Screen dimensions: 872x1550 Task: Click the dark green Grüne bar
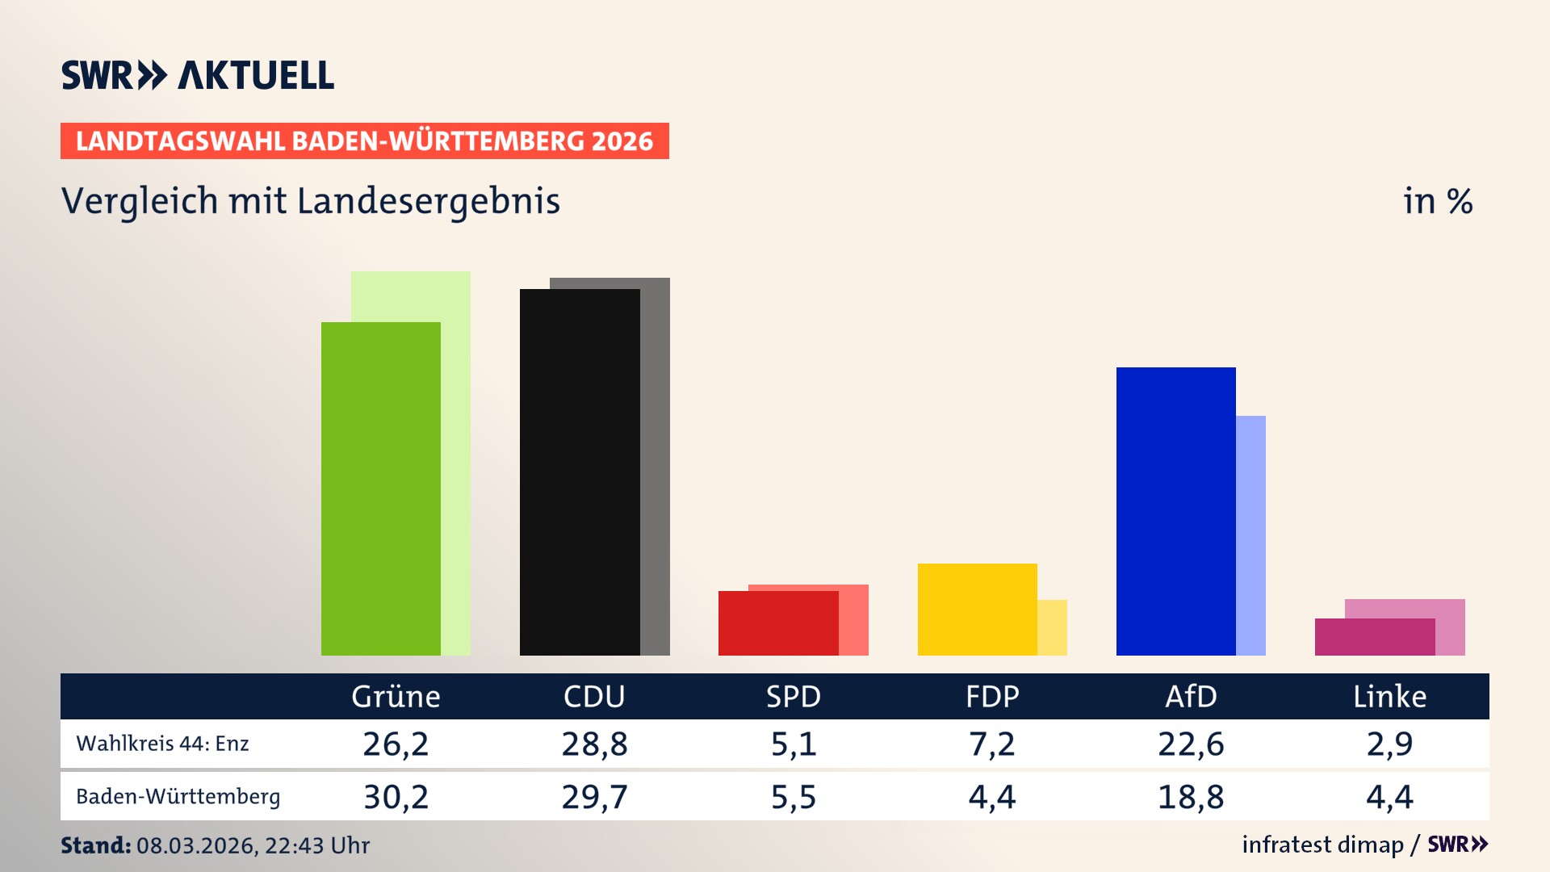[x=380, y=488]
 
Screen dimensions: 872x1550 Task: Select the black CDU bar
[x=579, y=472]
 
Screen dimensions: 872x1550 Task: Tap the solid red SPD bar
[x=777, y=623]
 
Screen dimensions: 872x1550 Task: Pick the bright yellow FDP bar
[x=977, y=609]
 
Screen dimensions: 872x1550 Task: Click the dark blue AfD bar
[x=1175, y=510]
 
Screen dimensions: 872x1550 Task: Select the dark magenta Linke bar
[x=1374, y=636]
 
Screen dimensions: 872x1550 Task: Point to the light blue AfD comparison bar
[x=1250, y=535]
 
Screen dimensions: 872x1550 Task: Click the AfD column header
[x=1191, y=696]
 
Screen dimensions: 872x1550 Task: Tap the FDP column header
[x=992, y=696]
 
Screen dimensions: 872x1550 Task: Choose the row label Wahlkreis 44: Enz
[x=162, y=744]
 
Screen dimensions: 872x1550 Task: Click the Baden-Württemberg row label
[x=178, y=797]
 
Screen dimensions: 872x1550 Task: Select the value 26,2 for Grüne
[x=396, y=744]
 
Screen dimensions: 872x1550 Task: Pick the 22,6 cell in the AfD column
[x=1191, y=744]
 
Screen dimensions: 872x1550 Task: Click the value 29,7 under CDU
[x=594, y=797]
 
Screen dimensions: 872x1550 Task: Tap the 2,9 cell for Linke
[x=1389, y=744]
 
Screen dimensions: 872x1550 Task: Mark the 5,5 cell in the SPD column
[x=794, y=797]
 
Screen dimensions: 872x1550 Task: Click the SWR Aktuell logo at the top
[x=198, y=75]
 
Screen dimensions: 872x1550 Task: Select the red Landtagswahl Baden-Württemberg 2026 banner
[x=364, y=140]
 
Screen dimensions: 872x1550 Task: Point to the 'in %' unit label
[x=1437, y=201]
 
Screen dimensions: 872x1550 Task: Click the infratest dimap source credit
[x=1322, y=845]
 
